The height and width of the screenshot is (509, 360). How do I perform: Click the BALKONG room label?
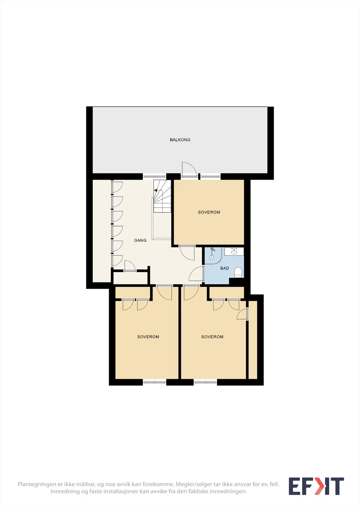[180, 140]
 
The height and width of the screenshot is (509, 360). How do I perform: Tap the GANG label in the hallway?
[140, 240]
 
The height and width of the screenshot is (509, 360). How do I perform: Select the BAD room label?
[224, 268]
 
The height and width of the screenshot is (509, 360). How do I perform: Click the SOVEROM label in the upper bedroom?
[209, 212]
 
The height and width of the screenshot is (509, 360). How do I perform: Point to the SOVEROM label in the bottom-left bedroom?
[148, 337]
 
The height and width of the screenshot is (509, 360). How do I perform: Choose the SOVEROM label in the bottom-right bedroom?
[212, 337]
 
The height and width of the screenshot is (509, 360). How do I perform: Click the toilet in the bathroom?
[238, 272]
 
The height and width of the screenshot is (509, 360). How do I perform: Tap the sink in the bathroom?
[234, 252]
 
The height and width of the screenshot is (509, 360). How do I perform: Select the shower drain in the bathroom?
[212, 257]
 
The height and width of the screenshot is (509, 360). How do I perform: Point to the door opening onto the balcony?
[189, 169]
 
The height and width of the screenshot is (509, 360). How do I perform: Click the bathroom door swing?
[196, 274]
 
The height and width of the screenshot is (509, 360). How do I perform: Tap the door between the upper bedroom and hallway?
[187, 253]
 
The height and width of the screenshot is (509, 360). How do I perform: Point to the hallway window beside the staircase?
[154, 176]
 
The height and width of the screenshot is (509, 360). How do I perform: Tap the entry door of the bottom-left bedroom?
[165, 292]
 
